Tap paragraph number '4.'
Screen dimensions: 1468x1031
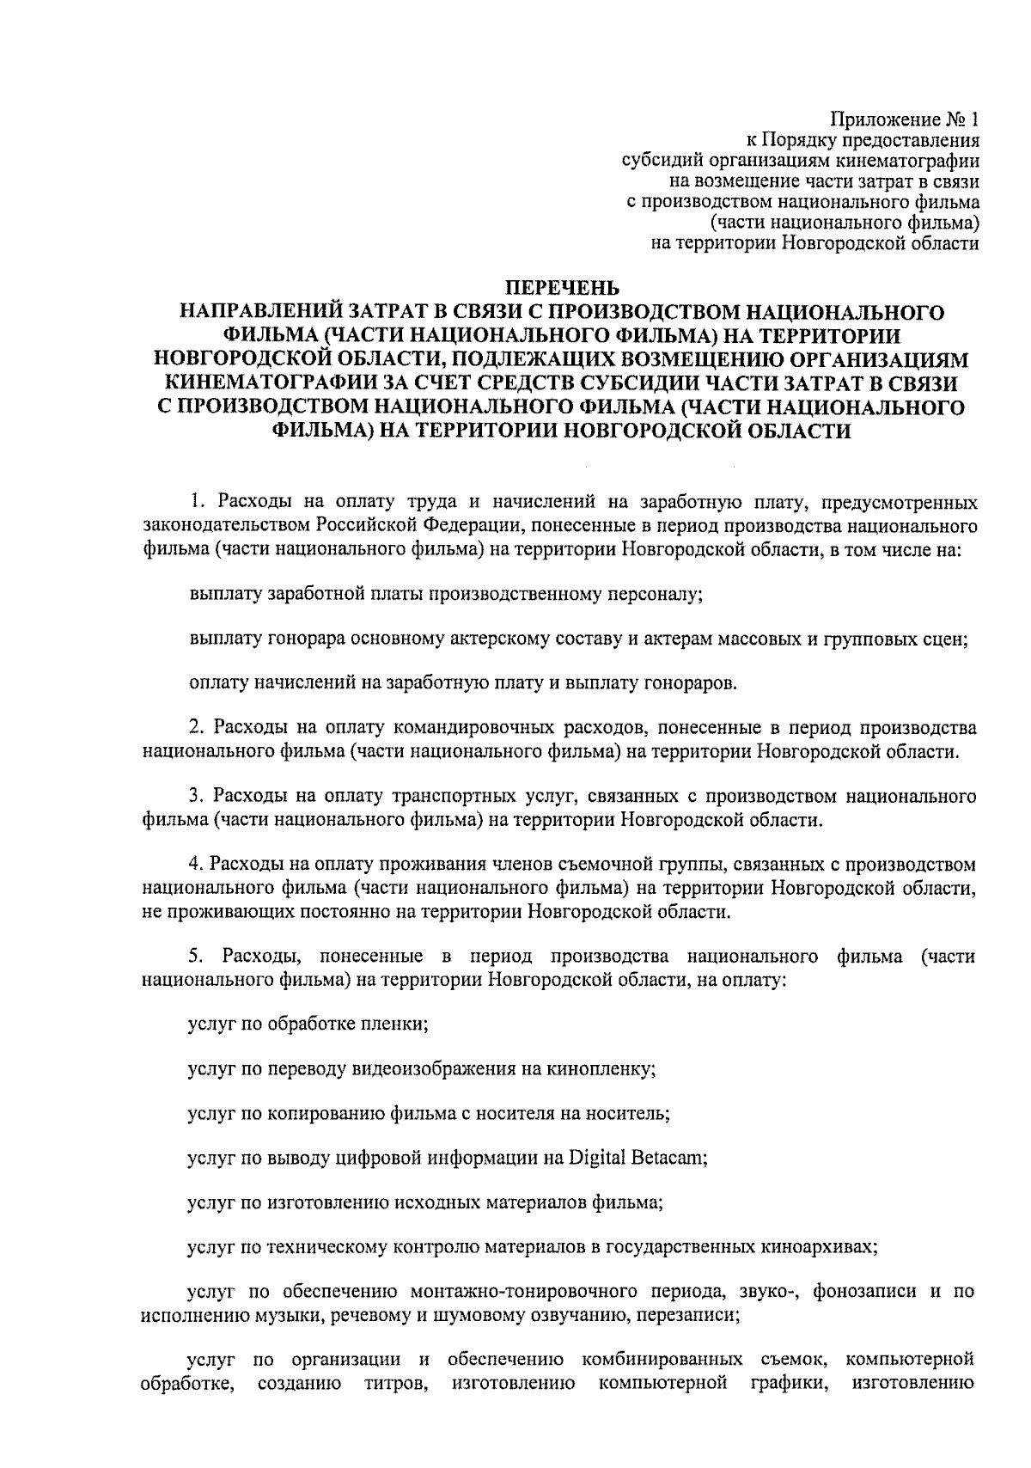[196, 864]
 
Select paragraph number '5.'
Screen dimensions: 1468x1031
[196, 956]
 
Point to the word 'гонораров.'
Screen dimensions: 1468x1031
[693, 683]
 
